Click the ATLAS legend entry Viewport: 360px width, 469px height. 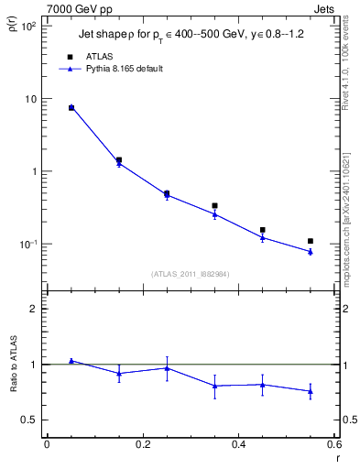coord(94,56)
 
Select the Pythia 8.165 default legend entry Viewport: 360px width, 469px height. coord(122,69)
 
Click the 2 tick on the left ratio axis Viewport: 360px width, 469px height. coord(33,309)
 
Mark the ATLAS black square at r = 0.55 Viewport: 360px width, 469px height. coord(311,241)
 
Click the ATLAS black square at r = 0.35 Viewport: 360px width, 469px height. coord(214,206)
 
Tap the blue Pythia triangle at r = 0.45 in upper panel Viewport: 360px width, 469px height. coord(263,237)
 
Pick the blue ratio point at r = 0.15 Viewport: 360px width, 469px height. coord(119,373)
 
